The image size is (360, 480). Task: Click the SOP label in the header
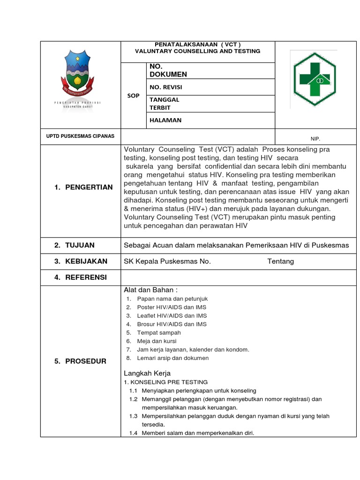tap(134, 96)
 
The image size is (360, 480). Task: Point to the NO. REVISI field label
tap(166, 87)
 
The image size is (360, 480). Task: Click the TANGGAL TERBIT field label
tap(164, 104)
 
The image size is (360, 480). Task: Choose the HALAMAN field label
tap(165, 120)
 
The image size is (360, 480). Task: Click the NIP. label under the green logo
tap(315, 139)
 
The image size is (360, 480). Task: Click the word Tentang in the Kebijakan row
tap(280, 261)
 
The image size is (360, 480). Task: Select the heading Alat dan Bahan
tap(150, 290)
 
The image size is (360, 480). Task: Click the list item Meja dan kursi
tap(157, 341)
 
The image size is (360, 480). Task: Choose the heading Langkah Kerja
tap(147, 373)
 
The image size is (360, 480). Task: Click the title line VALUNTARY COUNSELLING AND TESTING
tap(197, 51)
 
